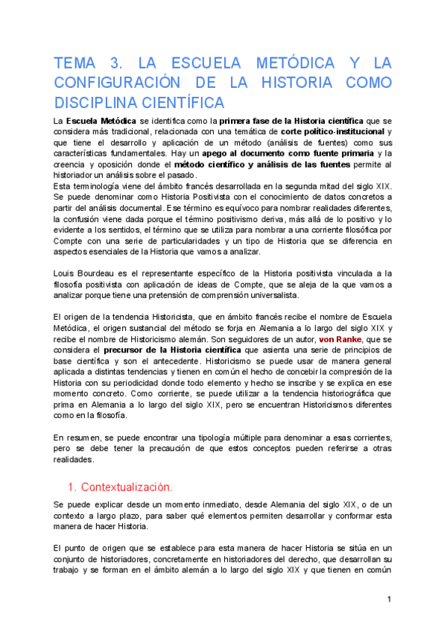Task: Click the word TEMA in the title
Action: [x=76, y=63]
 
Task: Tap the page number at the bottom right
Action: [x=389, y=599]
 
